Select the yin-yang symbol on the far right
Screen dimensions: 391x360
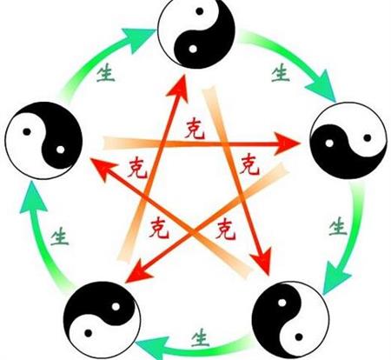point(348,140)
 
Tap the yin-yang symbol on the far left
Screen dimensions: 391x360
point(43,141)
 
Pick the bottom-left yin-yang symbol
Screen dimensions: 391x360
point(102,320)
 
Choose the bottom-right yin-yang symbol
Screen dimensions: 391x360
point(290,320)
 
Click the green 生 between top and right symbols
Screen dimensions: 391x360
point(281,73)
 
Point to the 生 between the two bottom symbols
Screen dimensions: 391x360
point(200,337)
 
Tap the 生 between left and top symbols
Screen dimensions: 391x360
point(105,73)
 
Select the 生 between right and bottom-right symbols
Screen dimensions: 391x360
point(338,226)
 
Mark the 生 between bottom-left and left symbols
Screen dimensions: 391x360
point(60,237)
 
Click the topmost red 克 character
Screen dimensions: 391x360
point(195,130)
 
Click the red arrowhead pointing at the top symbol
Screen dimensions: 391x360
point(179,89)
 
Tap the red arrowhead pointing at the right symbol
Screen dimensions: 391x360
point(287,143)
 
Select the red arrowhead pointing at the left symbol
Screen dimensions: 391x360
point(102,168)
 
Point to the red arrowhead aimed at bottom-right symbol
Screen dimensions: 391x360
point(262,262)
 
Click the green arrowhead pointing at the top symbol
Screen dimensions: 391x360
point(136,38)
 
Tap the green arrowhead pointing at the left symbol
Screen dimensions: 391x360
point(32,197)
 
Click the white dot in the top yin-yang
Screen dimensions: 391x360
point(193,49)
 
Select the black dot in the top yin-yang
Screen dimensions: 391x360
point(199,11)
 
